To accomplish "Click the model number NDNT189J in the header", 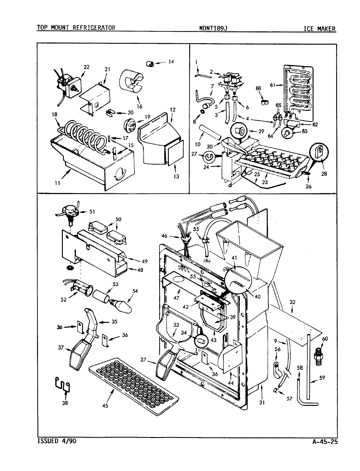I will (213, 28).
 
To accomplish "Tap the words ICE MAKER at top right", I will (319, 28).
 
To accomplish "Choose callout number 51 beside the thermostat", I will (93, 211).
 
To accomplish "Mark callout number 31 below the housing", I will (262, 403).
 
